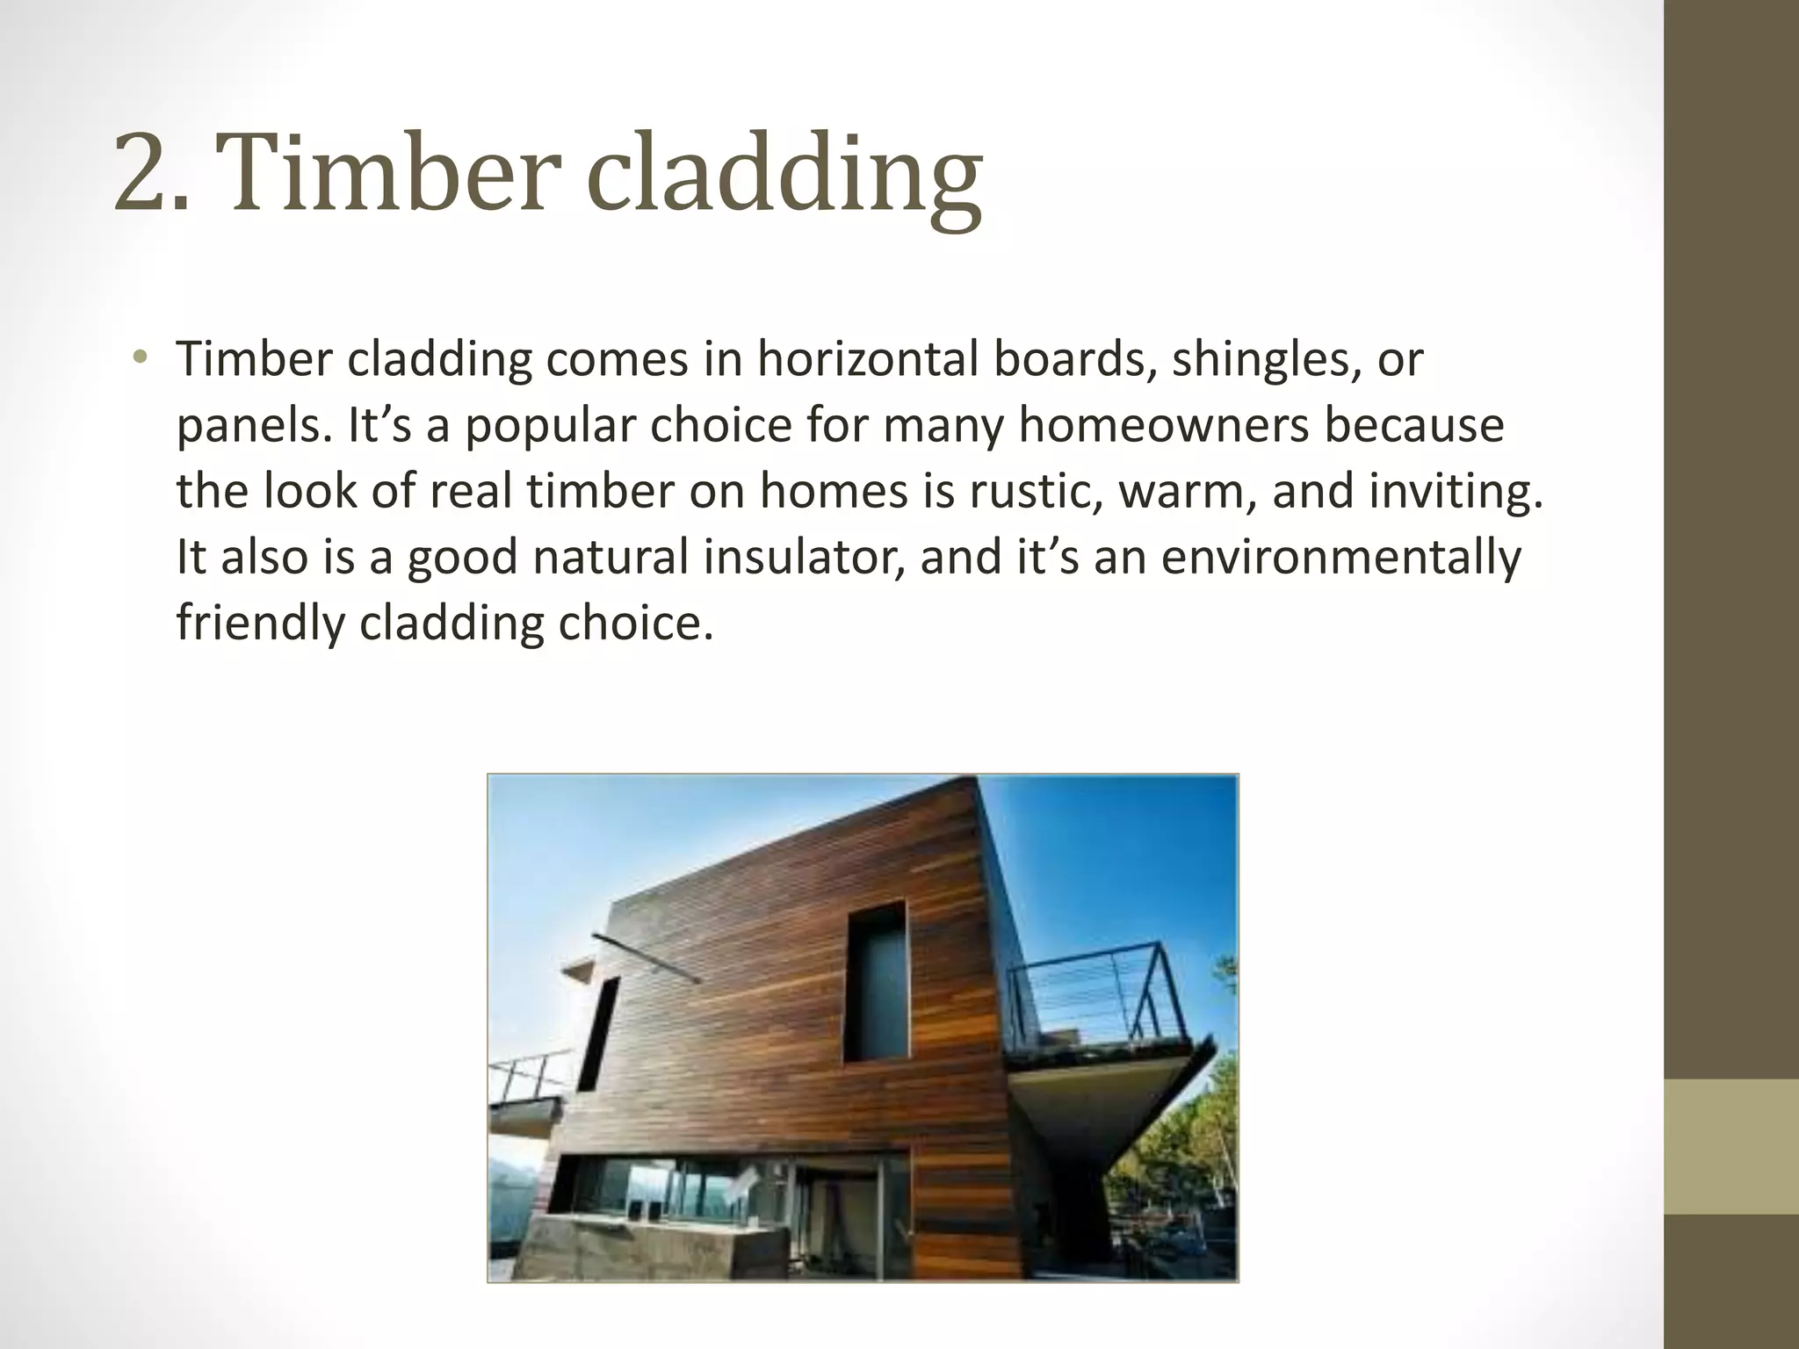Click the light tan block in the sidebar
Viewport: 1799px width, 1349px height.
[x=1730, y=1146]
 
